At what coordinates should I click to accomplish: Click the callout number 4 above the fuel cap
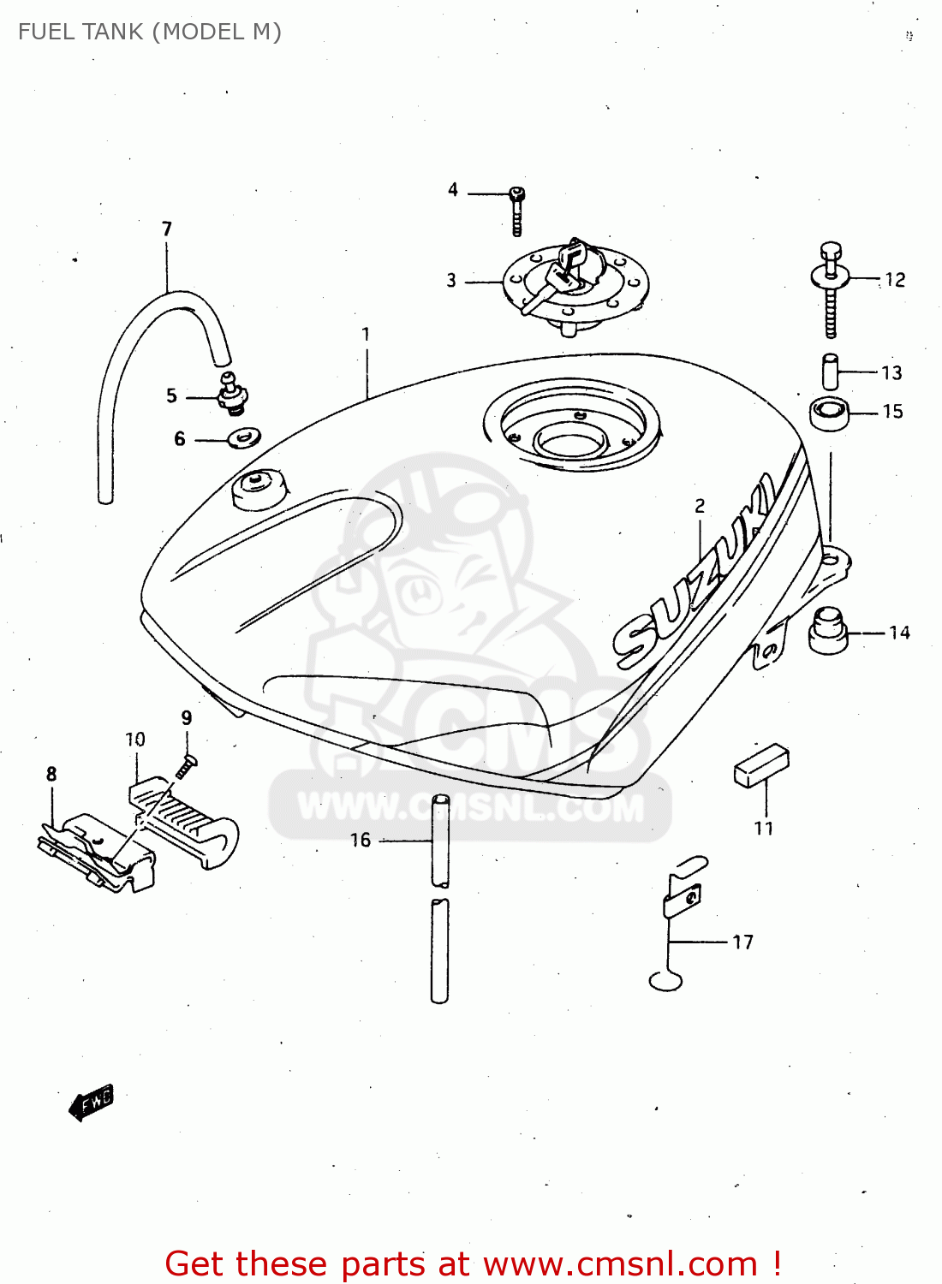pyautogui.click(x=453, y=190)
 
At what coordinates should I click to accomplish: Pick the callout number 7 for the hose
pyautogui.click(x=167, y=229)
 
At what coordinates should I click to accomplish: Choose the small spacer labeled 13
pyautogui.click(x=831, y=372)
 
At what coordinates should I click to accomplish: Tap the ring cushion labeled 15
pyautogui.click(x=829, y=413)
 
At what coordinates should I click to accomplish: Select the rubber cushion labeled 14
pyautogui.click(x=827, y=631)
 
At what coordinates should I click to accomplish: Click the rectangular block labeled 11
pyautogui.click(x=761, y=764)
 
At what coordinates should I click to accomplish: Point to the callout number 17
pyautogui.click(x=742, y=942)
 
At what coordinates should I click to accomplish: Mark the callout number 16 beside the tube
pyautogui.click(x=361, y=841)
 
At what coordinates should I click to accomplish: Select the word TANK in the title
pyautogui.click(x=105, y=32)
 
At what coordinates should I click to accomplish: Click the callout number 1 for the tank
pyautogui.click(x=366, y=334)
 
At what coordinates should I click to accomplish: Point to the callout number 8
pyautogui.click(x=51, y=775)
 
